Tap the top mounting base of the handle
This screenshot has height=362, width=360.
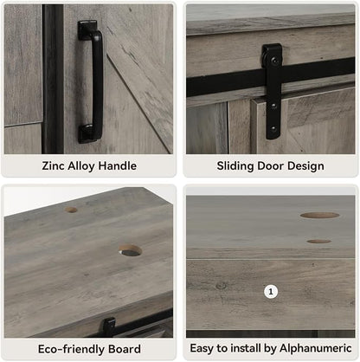coord(87,29)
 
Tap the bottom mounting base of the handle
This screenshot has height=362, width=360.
coord(88,133)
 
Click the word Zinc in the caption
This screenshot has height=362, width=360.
coord(53,166)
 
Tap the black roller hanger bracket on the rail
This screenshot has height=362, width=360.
coord(272,91)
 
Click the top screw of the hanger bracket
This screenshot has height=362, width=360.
coord(273,61)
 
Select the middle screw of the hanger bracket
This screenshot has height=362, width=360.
coord(273,106)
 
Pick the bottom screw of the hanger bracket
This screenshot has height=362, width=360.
coord(273,129)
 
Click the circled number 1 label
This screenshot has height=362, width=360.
coord(271,292)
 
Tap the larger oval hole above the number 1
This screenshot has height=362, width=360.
coord(319,215)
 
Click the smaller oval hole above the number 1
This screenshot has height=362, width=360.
coord(318,241)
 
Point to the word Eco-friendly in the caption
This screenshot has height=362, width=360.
coord(72,349)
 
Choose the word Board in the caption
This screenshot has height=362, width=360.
coord(125,349)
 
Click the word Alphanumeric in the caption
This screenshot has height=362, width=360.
coord(316,348)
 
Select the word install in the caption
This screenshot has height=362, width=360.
coord(247,348)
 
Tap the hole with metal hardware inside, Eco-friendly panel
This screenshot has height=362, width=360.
coord(130,250)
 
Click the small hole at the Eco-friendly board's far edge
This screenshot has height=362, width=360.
coord(71,210)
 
